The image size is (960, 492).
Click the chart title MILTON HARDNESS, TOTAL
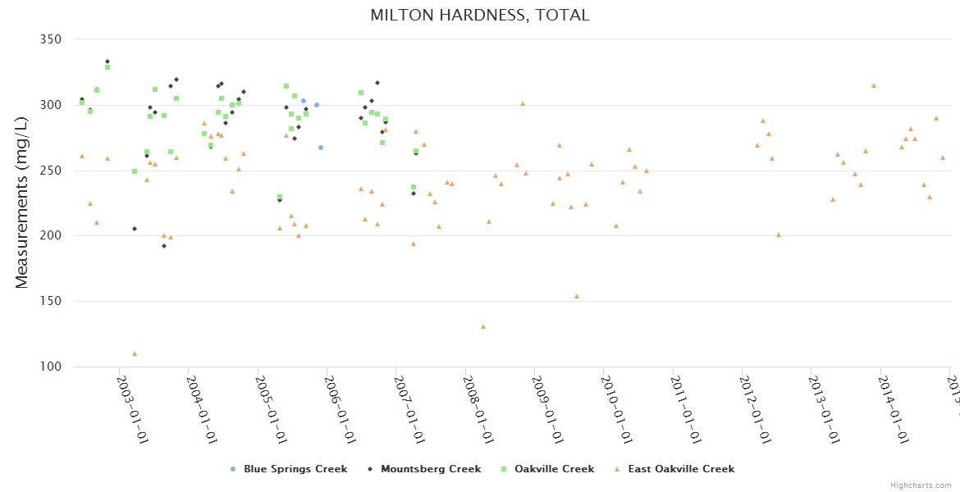(x=479, y=15)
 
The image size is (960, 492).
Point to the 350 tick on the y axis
(x=51, y=39)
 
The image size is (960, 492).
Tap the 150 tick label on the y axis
(x=51, y=302)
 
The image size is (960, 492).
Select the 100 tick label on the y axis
(x=51, y=367)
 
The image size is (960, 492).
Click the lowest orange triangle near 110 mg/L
(x=135, y=354)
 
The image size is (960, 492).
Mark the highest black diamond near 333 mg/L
(x=107, y=61)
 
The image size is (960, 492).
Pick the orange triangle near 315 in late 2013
(x=874, y=85)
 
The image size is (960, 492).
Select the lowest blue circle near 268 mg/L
(x=321, y=148)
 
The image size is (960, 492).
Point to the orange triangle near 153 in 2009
(x=577, y=296)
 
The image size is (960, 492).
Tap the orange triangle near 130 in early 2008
(x=483, y=326)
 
